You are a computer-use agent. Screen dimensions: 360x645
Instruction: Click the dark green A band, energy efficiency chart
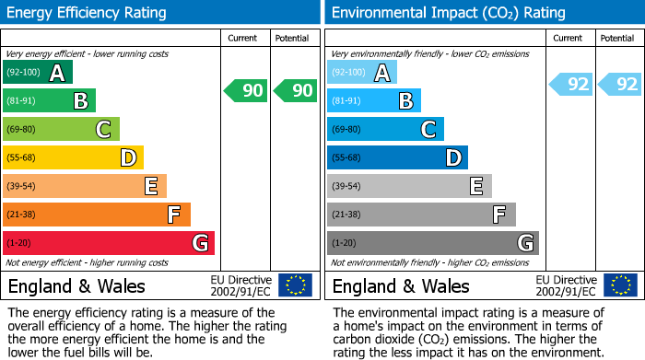click(38, 72)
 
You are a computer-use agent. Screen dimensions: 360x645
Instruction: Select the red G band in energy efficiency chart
click(109, 243)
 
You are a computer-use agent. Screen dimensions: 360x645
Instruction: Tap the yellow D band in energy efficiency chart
click(73, 157)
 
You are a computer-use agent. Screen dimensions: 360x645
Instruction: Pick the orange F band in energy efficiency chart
click(97, 215)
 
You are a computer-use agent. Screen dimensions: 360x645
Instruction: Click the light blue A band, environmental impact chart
click(362, 72)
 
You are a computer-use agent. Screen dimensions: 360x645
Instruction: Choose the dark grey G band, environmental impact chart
click(432, 243)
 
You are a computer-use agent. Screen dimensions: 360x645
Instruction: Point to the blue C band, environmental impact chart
click(385, 129)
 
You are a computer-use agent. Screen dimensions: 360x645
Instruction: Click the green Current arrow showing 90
click(245, 90)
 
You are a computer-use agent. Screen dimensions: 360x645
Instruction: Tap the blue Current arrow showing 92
click(570, 85)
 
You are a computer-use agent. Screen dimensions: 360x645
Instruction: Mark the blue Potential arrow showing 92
click(618, 85)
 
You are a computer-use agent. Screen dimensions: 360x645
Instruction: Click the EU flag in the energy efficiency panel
click(295, 285)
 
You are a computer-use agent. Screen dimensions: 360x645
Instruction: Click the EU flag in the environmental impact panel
click(620, 285)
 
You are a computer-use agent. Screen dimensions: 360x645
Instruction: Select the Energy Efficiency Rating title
click(88, 13)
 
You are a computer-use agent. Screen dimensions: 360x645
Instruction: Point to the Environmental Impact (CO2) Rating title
click(448, 13)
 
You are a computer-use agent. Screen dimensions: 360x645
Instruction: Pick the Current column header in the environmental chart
click(569, 38)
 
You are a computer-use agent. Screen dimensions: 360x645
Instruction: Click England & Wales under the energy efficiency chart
click(76, 285)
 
